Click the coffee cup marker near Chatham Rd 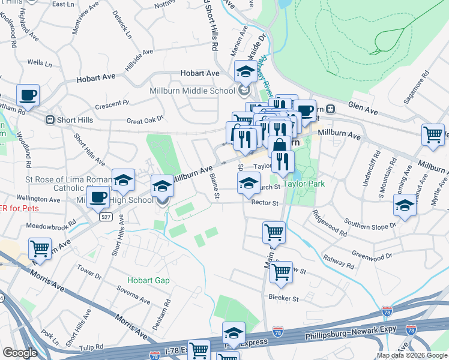[x=28, y=95]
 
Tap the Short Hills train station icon [x=50, y=120]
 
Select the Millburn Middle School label [x=192, y=91]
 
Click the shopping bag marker [x=280, y=146]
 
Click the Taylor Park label [x=304, y=184]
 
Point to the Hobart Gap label [x=148, y=280]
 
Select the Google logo [x=20, y=353]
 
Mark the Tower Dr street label [x=89, y=272]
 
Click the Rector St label [x=265, y=203]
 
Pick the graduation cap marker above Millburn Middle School [x=245, y=73]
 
